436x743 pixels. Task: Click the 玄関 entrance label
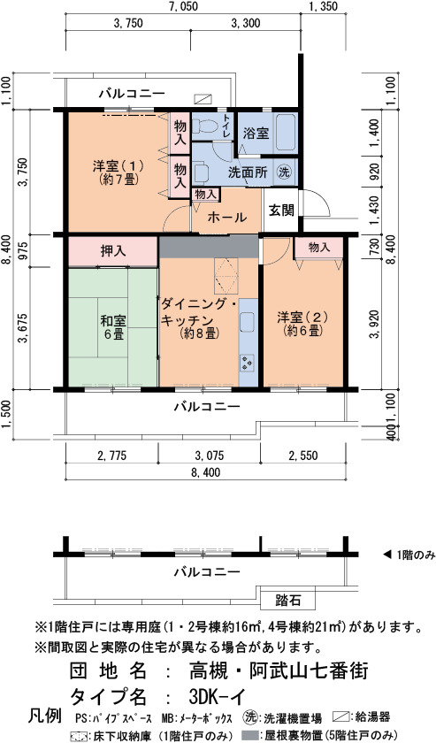click(x=282, y=210)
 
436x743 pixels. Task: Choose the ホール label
click(x=227, y=218)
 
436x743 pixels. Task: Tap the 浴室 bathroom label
click(x=256, y=134)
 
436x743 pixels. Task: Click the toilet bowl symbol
click(x=206, y=126)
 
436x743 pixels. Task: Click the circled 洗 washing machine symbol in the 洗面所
click(x=284, y=171)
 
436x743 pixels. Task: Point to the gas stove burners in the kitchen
click(x=248, y=363)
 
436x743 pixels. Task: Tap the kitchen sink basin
click(x=248, y=321)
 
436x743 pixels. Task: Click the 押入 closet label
click(x=113, y=251)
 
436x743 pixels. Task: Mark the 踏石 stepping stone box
click(x=288, y=601)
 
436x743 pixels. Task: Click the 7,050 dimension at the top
click(x=182, y=7)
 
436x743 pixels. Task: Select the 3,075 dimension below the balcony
click(x=209, y=456)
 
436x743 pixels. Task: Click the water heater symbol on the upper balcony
click(x=203, y=98)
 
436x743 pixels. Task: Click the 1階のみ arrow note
click(x=409, y=555)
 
